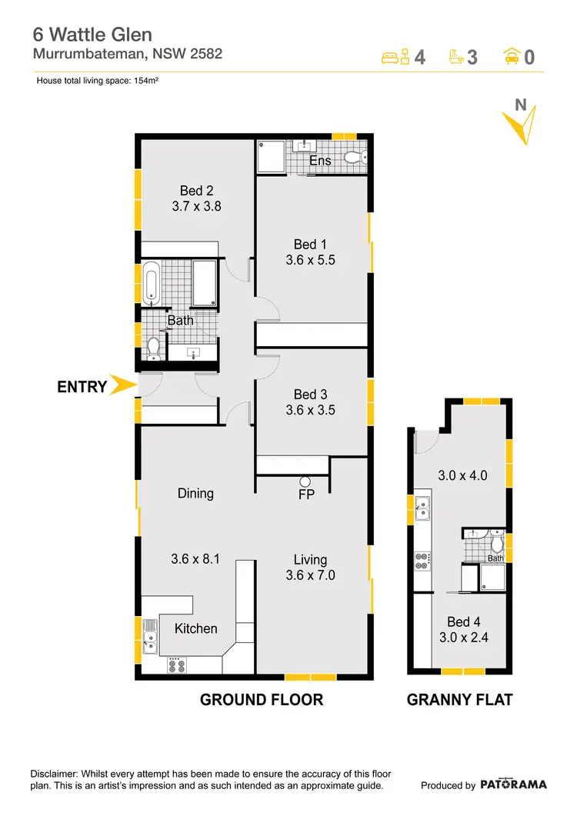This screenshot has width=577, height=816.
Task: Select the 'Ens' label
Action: click(320, 161)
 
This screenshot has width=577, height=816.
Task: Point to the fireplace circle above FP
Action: click(305, 481)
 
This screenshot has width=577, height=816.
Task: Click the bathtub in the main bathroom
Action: click(151, 283)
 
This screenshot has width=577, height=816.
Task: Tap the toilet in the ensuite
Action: click(355, 158)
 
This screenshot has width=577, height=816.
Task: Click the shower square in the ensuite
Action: click(271, 156)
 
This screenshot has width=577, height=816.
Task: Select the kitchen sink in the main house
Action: click(149, 637)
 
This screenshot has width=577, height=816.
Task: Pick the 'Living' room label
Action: click(310, 560)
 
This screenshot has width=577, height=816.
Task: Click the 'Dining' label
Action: click(195, 493)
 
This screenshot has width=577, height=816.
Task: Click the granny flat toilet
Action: click(497, 545)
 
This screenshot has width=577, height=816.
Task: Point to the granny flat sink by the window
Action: click(421, 509)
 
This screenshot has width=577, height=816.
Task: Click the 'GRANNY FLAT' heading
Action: click(459, 700)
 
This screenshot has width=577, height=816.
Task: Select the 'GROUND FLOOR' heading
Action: click(262, 700)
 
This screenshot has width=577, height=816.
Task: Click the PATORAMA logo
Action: click(514, 784)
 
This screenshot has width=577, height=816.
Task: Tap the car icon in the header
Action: click(510, 56)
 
